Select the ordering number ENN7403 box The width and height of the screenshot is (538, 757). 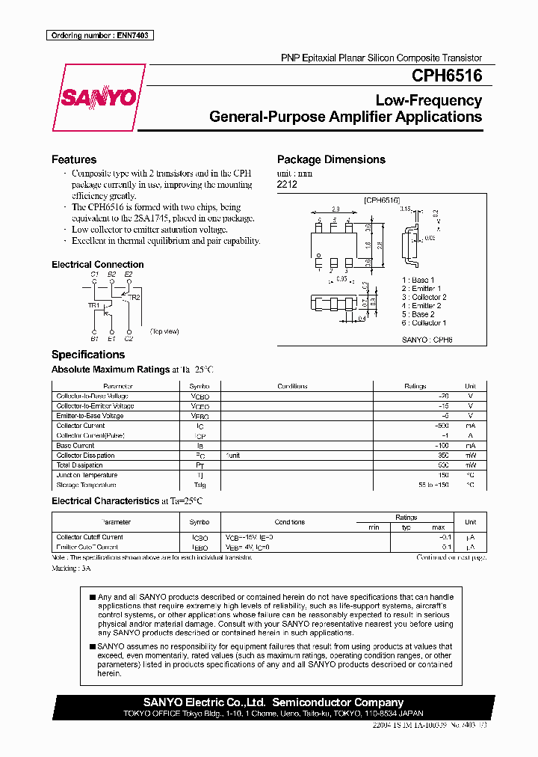(101, 35)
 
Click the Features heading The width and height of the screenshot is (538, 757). (74, 159)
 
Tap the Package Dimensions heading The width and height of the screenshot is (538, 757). (331, 159)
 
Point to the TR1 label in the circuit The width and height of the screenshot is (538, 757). (94, 306)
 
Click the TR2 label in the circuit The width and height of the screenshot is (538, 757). (134, 297)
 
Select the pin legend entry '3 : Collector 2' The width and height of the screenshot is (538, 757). (424, 297)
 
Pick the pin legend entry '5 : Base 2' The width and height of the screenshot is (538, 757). (418, 314)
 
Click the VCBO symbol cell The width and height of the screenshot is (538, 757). (200, 396)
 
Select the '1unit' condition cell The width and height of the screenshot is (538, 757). (233, 455)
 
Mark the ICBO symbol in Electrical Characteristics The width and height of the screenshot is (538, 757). (200, 537)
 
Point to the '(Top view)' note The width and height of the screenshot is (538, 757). (164, 331)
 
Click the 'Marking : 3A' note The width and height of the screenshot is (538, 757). (72, 568)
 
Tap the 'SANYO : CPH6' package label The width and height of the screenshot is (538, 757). (427, 339)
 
